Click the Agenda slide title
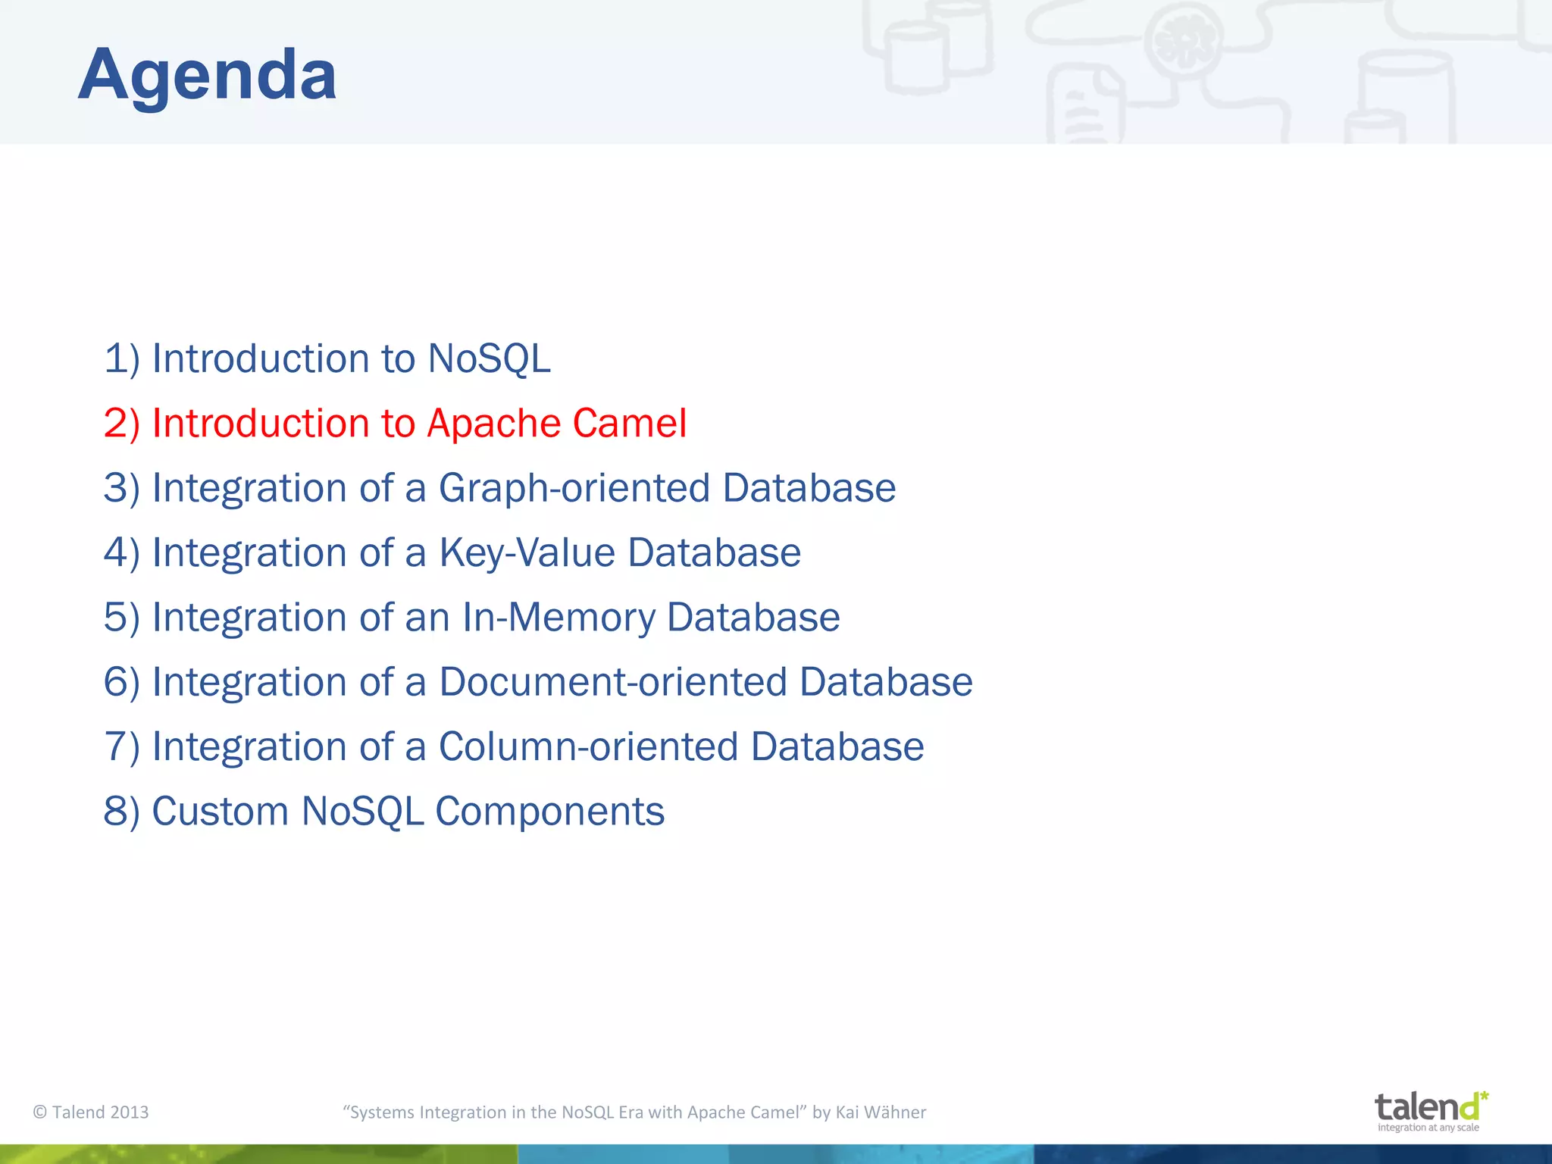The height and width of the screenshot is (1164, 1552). (207, 74)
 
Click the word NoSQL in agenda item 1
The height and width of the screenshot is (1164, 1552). (489, 358)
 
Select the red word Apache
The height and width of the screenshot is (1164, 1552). (493, 423)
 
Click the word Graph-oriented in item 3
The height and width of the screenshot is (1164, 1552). (574, 487)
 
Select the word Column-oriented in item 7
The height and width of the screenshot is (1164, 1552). (588, 746)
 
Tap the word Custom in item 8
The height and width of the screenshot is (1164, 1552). (220, 811)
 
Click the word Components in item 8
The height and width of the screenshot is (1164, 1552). (549, 811)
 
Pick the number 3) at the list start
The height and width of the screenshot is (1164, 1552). (121, 487)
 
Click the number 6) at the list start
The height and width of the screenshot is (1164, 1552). (121, 681)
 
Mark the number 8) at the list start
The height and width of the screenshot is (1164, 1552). (121, 811)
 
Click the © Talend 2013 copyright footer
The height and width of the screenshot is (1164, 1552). (91, 1112)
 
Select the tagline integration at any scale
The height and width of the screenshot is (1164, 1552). (1428, 1128)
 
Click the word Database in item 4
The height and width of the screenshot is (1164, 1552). (714, 552)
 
